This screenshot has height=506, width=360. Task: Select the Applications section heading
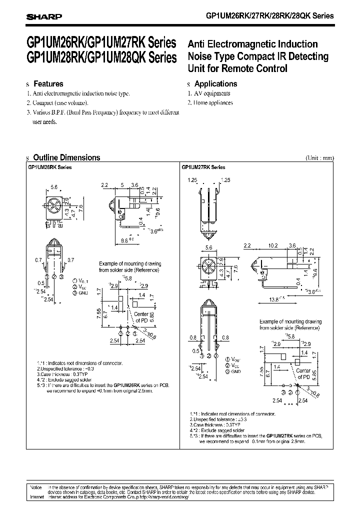(215, 84)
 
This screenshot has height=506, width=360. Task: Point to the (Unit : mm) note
(319, 158)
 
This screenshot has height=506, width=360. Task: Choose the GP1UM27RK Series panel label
(203, 167)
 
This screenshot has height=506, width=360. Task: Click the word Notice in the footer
(35, 486)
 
